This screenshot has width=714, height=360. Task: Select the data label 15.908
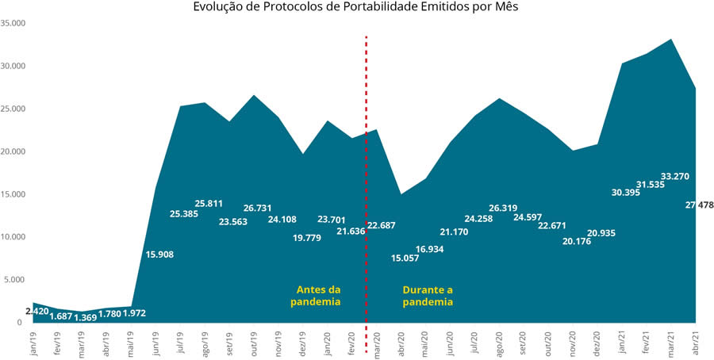point(159,255)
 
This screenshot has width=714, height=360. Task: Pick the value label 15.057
point(410,258)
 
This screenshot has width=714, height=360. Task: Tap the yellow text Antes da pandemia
point(317,296)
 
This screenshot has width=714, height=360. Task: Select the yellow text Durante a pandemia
point(428,296)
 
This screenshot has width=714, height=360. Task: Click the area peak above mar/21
point(671,40)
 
